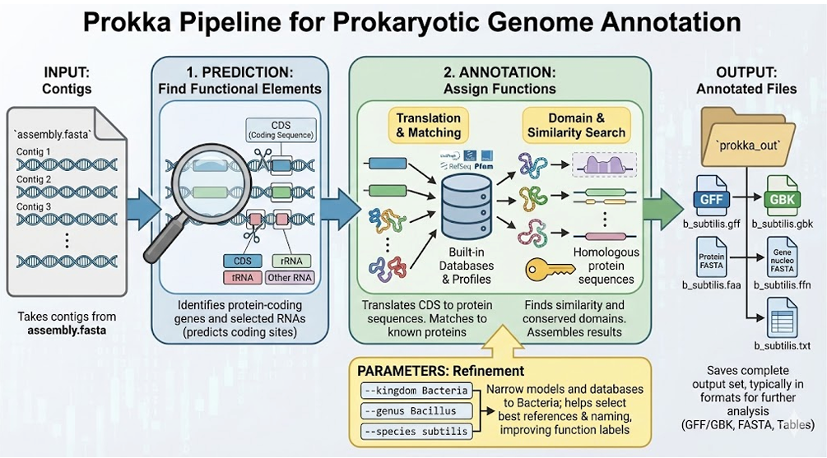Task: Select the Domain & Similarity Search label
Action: tap(575, 125)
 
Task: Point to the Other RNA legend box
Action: tap(290, 278)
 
